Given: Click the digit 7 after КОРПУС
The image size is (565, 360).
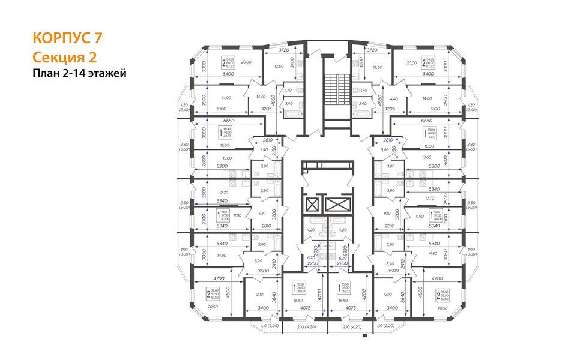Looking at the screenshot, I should pyautogui.click(x=97, y=37).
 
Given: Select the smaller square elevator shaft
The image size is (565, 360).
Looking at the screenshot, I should pyautogui.click(x=312, y=206).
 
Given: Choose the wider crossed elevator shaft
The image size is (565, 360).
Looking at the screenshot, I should pyautogui.click(x=336, y=206).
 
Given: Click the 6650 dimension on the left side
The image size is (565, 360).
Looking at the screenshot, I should pyautogui.click(x=220, y=121).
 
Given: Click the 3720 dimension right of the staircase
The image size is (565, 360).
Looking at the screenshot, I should pyautogui.click(x=372, y=50).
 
